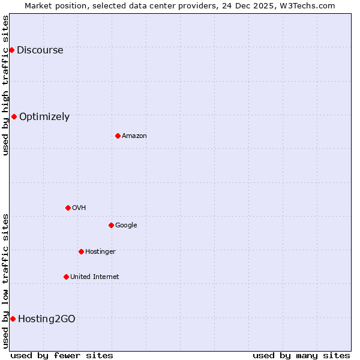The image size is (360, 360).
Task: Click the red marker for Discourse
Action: point(11,50)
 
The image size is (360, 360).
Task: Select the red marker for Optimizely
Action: point(14,116)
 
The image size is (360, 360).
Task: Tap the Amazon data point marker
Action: point(118,136)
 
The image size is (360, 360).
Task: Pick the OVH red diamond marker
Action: point(68,208)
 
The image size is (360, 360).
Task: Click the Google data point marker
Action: point(111,225)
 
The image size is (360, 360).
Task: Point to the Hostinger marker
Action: point(81,251)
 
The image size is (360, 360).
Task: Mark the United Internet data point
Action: point(66,277)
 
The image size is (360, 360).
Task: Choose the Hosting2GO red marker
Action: point(13,319)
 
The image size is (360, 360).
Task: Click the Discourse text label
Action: point(40,50)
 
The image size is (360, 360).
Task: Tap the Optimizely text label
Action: point(44,117)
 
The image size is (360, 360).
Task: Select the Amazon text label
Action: point(134,136)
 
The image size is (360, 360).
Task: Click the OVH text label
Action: point(79,208)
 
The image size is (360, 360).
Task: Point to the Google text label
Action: point(126,226)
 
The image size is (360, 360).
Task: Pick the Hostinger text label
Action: point(100,252)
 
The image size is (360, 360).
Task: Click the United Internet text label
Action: point(95,277)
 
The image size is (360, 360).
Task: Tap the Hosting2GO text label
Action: point(47,319)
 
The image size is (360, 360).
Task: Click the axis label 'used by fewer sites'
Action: point(62,355)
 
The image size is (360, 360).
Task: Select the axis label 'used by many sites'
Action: point(301,355)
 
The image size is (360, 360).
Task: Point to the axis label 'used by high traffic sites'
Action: point(5,85)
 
